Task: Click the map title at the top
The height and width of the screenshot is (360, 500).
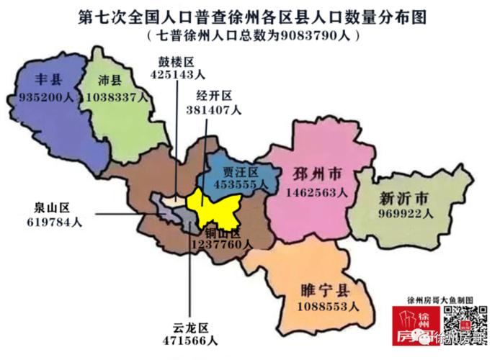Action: (x=250, y=17)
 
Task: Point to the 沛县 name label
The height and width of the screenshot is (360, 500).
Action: (x=111, y=79)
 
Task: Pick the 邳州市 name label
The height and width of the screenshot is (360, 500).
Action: (x=316, y=176)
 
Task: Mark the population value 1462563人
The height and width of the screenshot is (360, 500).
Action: (x=316, y=193)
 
